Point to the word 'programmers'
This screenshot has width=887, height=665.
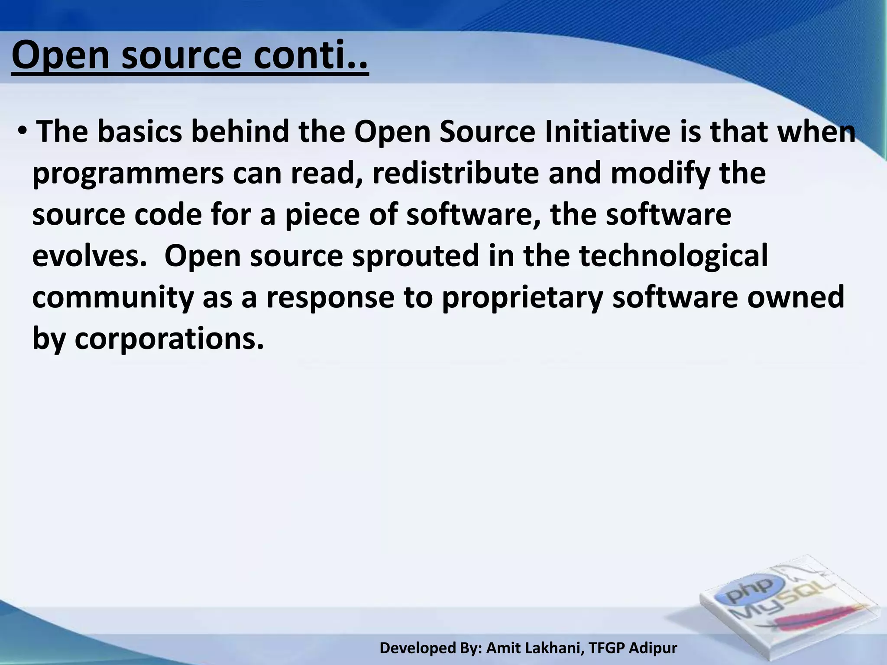(x=128, y=174)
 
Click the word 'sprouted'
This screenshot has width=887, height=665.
(x=416, y=256)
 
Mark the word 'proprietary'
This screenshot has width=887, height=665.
(x=522, y=298)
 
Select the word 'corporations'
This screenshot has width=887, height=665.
(x=169, y=339)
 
